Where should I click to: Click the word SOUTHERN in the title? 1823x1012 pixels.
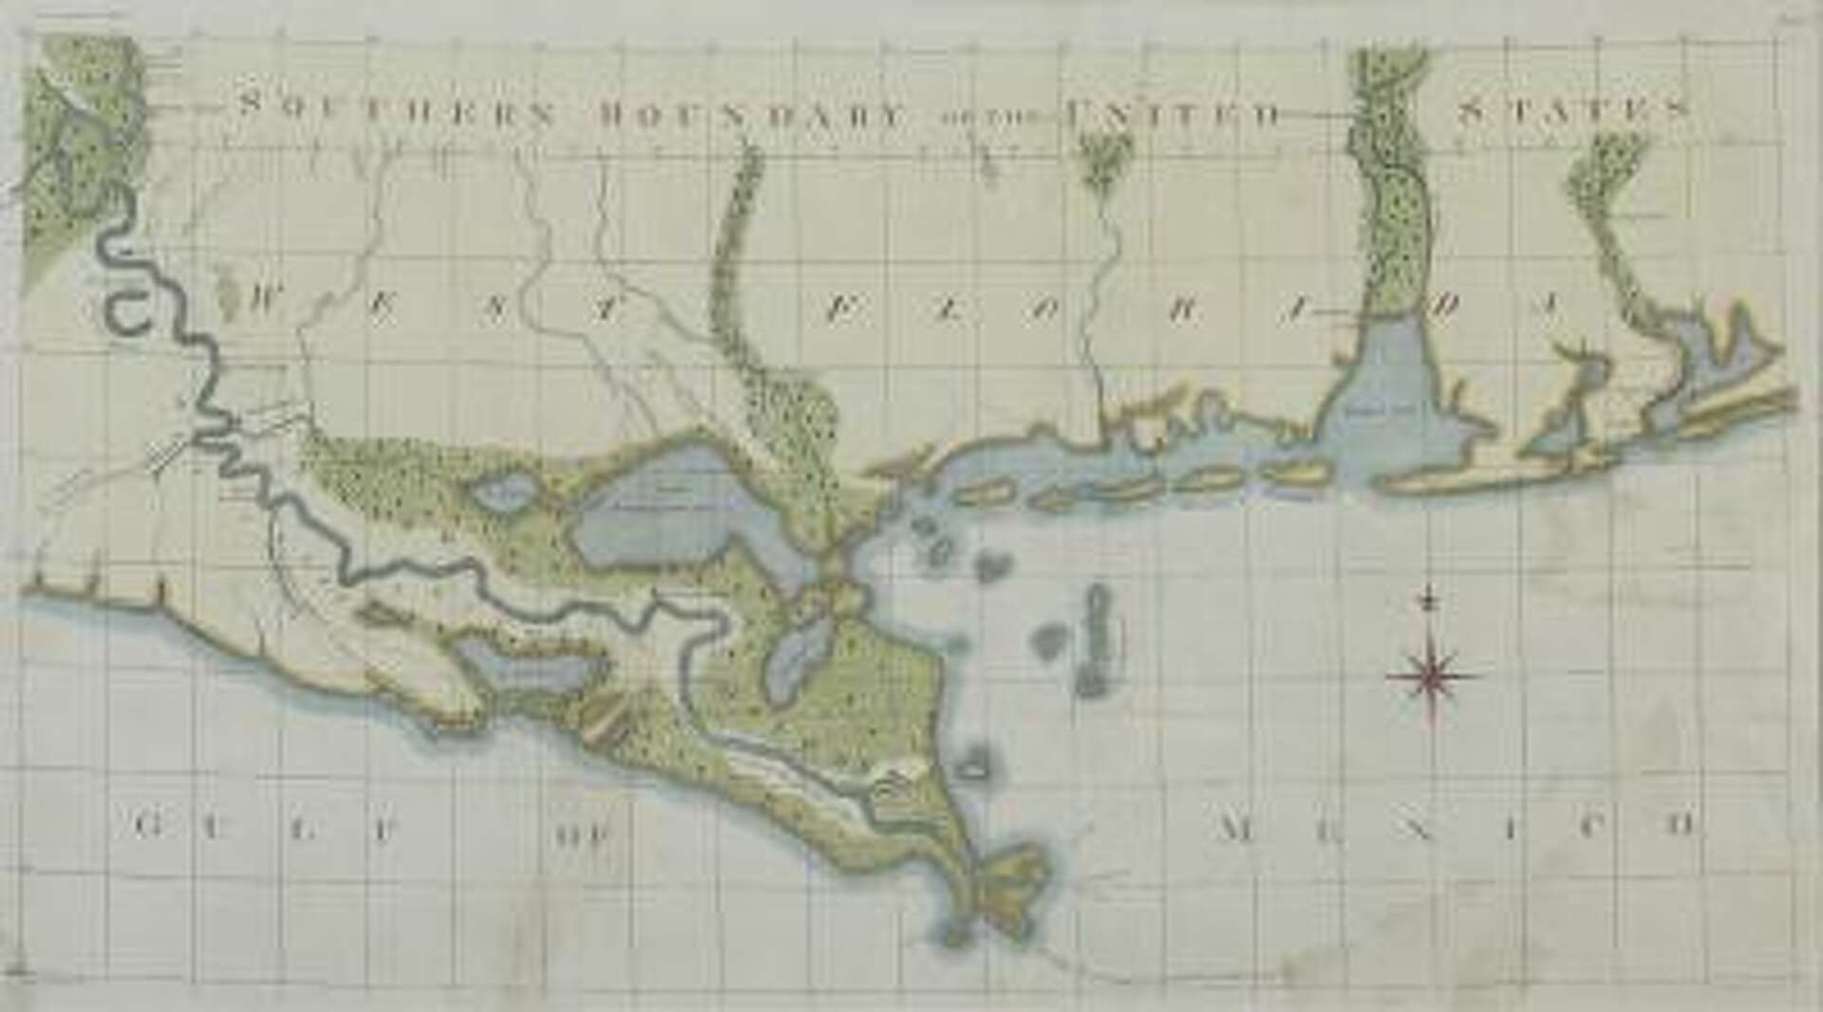(395, 110)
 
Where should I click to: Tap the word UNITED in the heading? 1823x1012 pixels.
(1174, 116)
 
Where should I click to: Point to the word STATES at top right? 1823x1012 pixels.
(1572, 110)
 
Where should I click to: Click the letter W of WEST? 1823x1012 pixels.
(263, 302)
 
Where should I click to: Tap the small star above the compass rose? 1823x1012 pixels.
(1426, 600)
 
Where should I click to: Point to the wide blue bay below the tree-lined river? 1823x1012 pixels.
(1391, 403)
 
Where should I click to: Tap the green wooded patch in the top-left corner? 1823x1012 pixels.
(81, 142)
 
